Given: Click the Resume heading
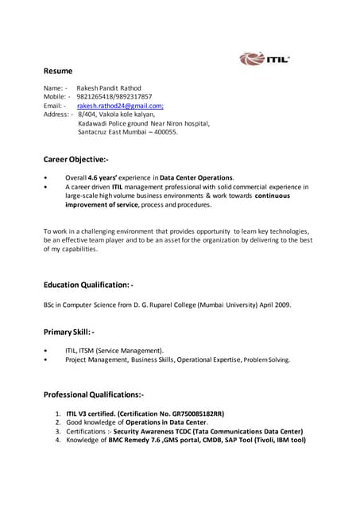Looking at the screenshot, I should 58,71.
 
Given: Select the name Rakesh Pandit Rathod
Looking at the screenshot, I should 109,87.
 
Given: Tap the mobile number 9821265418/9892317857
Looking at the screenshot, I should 114,96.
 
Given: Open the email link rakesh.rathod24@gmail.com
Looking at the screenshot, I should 120,105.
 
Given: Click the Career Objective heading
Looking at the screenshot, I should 81,160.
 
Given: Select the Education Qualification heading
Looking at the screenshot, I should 88,284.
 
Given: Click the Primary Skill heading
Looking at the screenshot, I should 69,332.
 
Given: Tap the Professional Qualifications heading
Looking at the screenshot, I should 94,394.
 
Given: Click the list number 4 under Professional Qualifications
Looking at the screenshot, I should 58,440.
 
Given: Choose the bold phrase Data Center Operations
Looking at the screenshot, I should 196,177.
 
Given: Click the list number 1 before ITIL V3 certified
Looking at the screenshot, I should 58,414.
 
